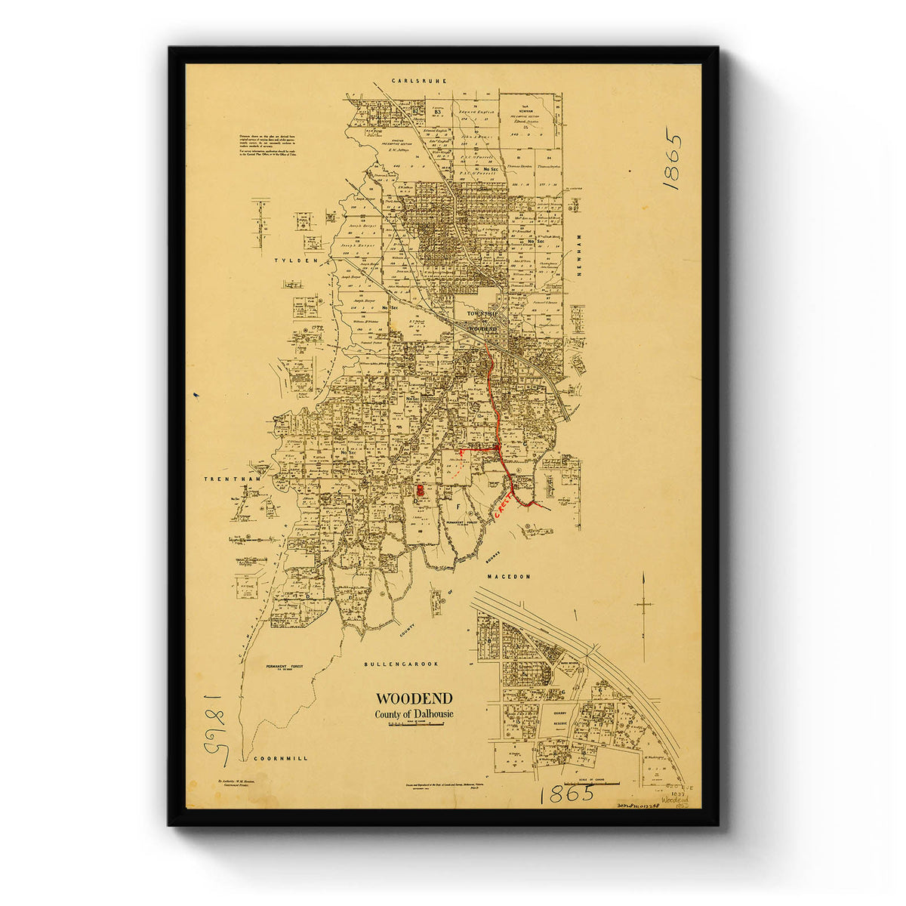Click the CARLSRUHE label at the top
[x=420, y=80]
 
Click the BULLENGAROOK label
[x=401, y=664]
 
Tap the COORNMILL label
[x=281, y=757]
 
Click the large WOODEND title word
[x=414, y=698]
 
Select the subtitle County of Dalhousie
[x=414, y=714]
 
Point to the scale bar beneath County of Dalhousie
[x=414, y=726]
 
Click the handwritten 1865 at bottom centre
[x=566, y=794]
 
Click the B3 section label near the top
[x=437, y=112]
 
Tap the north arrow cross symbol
[x=643, y=604]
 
